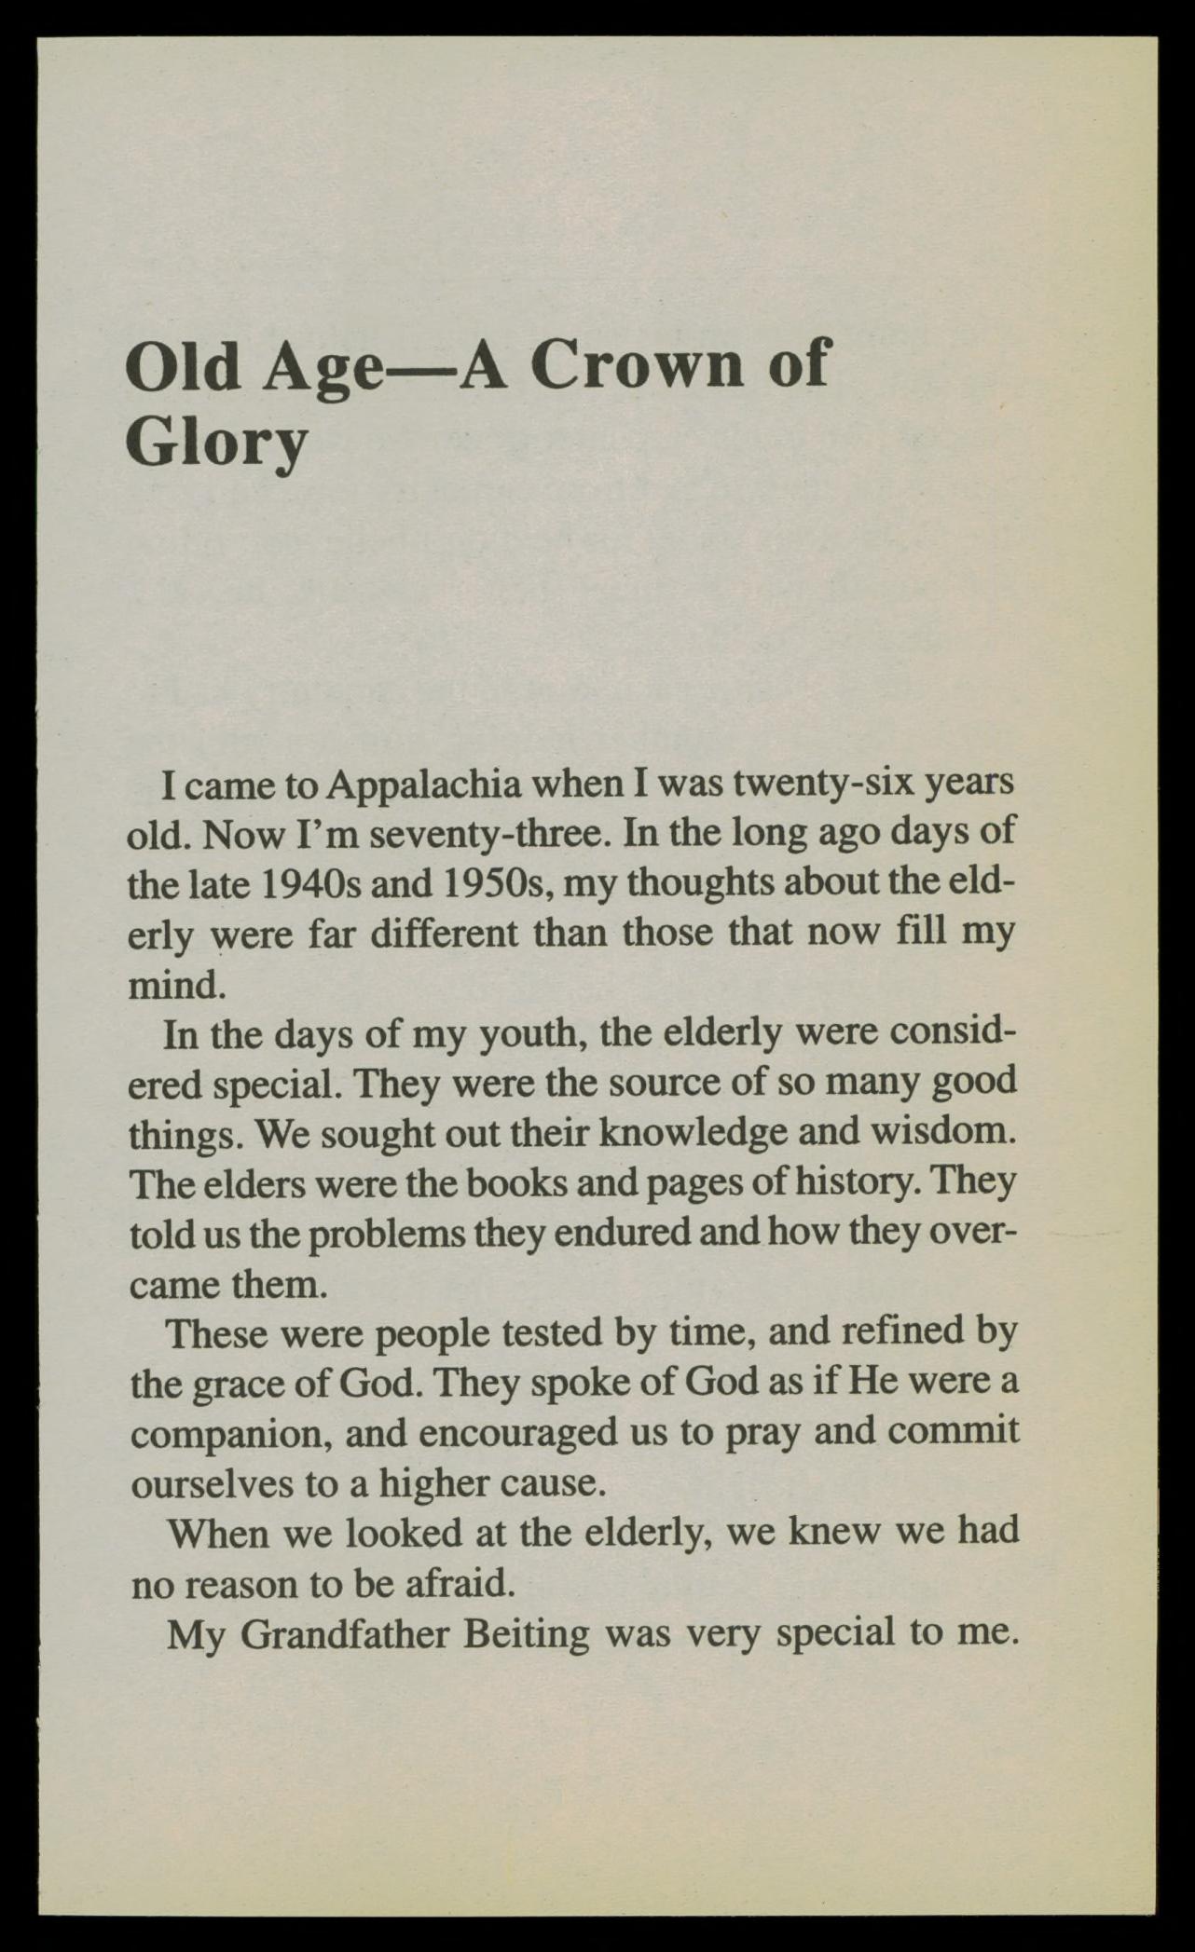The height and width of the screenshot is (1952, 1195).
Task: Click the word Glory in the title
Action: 216,444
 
